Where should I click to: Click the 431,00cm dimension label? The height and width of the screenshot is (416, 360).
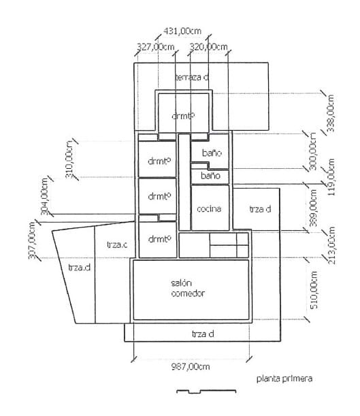click(x=183, y=31)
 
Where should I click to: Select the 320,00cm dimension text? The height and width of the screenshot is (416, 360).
click(x=208, y=46)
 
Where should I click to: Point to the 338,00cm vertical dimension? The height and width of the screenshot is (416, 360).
click(x=331, y=114)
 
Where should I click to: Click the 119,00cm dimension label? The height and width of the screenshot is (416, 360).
click(x=331, y=176)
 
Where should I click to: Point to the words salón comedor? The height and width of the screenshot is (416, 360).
click(x=189, y=288)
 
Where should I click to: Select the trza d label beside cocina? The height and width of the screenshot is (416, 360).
click(x=259, y=209)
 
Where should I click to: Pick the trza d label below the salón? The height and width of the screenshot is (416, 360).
click(x=203, y=334)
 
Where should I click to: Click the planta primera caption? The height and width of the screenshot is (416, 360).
click(x=284, y=379)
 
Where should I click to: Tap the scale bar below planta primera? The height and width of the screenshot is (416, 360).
click(x=206, y=391)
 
